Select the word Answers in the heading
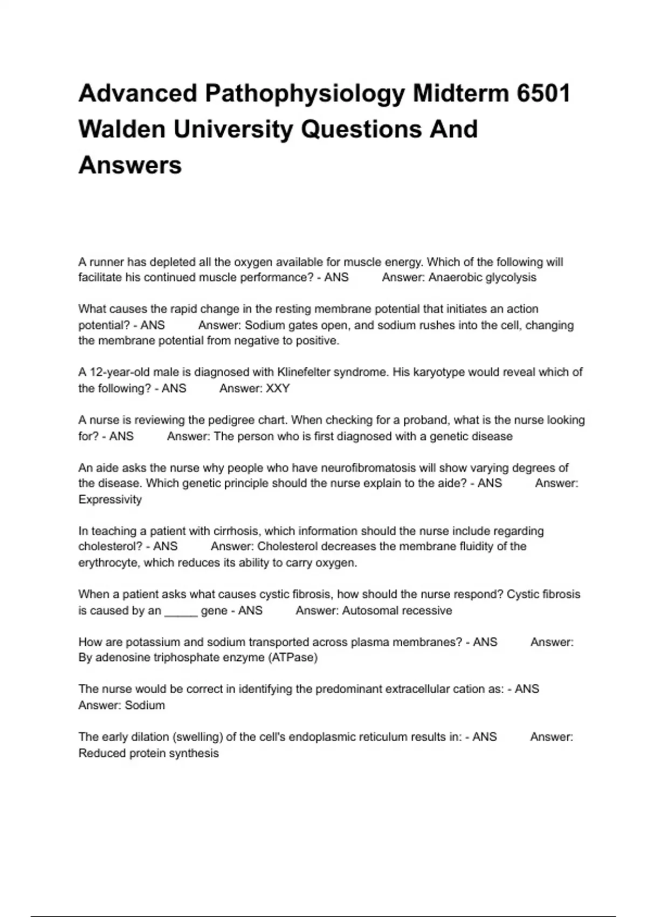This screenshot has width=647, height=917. (130, 165)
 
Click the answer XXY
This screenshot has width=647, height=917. (278, 388)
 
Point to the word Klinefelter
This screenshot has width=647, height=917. (303, 372)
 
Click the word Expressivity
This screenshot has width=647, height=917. (110, 499)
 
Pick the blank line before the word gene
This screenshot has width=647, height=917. (181, 611)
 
